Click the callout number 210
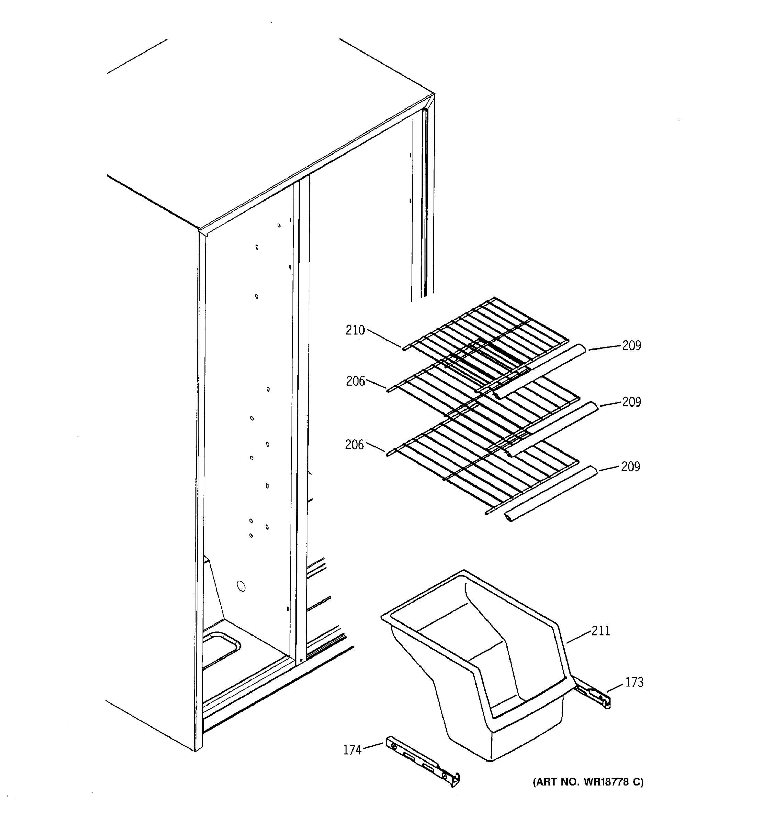[x=355, y=330]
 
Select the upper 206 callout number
[x=355, y=381]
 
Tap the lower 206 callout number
[x=354, y=445]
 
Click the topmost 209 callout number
[x=631, y=345]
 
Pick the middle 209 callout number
[x=631, y=402]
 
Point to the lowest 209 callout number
[x=630, y=466]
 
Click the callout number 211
[x=601, y=630]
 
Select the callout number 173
[x=634, y=682]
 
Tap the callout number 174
[x=352, y=750]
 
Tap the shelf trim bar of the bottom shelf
[x=551, y=493]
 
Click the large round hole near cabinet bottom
[x=241, y=586]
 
